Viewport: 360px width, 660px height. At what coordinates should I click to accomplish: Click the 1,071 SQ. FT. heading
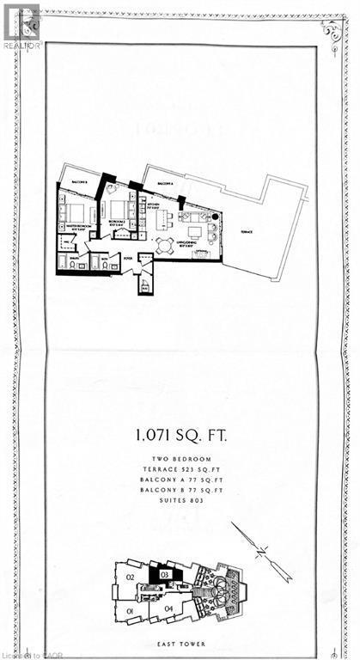180,435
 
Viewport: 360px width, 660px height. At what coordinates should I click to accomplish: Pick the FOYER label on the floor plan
126,256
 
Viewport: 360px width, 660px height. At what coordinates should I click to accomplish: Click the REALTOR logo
21,26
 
